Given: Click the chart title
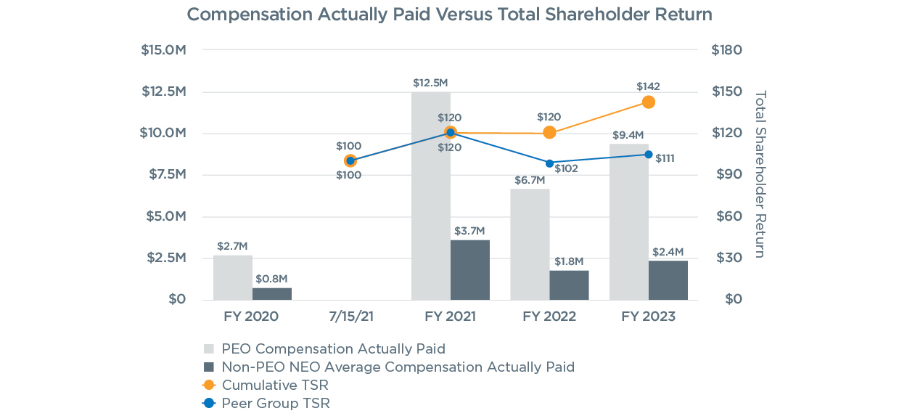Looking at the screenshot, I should point(449,15).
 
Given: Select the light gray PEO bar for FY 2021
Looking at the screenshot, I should point(430,196).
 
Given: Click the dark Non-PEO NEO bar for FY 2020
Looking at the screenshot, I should point(272,293).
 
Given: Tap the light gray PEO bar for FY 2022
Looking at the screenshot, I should point(530,245).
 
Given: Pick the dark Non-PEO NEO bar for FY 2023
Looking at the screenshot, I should point(668,280).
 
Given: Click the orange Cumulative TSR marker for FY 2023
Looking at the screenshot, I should point(648,102).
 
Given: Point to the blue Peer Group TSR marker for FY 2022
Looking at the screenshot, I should point(549,163).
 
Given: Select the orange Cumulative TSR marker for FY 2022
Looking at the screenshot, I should point(549,132).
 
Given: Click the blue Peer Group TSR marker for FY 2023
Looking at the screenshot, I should point(648,154).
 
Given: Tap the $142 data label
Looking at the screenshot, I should point(648,86).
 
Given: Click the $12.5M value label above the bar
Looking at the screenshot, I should point(430,83).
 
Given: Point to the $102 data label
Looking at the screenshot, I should point(566,168).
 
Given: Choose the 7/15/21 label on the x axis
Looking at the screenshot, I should point(350,317).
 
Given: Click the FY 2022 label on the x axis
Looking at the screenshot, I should point(549,317).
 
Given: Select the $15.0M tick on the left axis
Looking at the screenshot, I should point(163,50).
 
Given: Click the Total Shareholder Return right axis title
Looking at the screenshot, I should point(760,174).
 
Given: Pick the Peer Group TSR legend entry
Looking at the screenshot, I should point(276,403).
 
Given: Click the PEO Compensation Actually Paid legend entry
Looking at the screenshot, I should point(333,348).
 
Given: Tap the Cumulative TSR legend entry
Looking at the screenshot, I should point(275,385).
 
